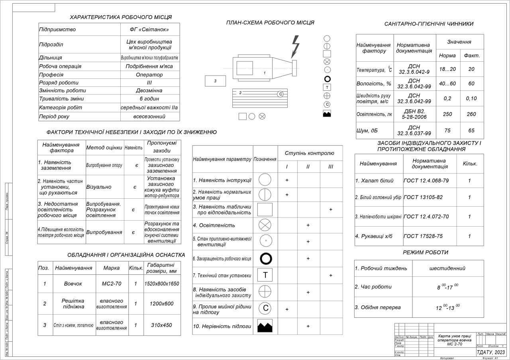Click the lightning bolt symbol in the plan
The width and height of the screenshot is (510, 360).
pyautogui.click(x=295, y=46)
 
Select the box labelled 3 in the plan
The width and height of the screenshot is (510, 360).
pyautogui.click(x=215, y=81)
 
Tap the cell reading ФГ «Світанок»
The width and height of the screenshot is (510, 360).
pyautogui.click(x=149, y=29)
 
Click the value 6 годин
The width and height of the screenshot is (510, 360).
pyautogui.click(x=149, y=99)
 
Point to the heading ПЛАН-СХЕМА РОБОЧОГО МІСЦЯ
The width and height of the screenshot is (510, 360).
pyautogui.click(x=270, y=23)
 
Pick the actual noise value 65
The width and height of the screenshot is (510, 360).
pyautogui.click(x=472, y=130)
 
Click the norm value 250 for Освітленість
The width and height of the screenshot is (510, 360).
pyautogui.click(x=447, y=114)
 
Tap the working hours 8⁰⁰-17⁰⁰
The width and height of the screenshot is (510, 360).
pyautogui.click(x=447, y=287)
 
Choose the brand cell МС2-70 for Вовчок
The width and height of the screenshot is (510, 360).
pyautogui.click(x=112, y=284)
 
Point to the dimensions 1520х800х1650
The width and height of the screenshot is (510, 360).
pyautogui.click(x=161, y=284)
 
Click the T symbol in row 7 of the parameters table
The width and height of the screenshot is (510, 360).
pyautogui.click(x=265, y=275)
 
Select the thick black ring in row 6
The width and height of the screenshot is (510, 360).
pyautogui.click(x=265, y=258)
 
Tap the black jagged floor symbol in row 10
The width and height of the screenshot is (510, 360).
pyautogui.click(x=265, y=326)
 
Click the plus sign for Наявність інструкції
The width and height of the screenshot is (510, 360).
pyautogui.click(x=286, y=180)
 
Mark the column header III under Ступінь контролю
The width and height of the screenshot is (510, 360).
pyautogui.click(x=331, y=166)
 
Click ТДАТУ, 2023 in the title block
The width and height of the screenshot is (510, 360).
pyautogui.click(x=490, y=352)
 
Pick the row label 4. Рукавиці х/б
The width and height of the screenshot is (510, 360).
pyautogui.click(x=374, y=236)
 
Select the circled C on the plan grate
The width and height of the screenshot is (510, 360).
pyautogui.click(x=280, y=94)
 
